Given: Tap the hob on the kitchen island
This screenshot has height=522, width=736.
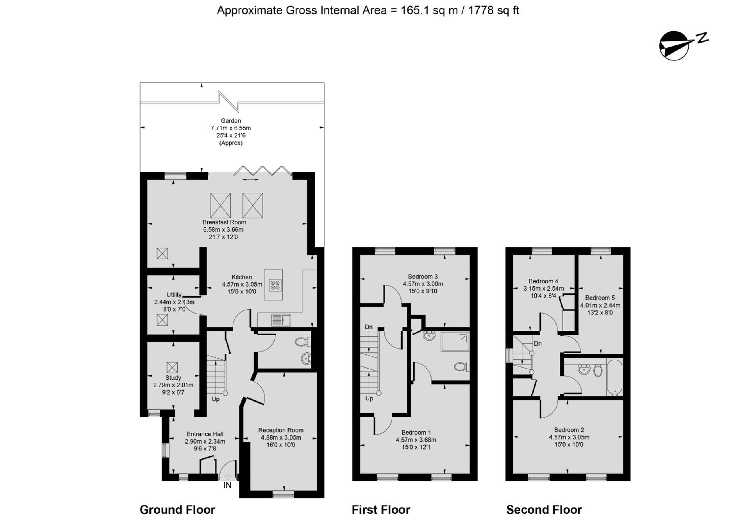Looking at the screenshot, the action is coord(276,285).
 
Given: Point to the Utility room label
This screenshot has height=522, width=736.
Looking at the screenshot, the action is coord(174,295).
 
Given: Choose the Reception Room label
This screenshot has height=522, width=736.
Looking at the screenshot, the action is coord(281,430).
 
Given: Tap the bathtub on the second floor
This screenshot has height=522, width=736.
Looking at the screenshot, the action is coord(614,377).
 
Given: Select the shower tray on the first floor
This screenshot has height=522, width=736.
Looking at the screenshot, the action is coord(455,342).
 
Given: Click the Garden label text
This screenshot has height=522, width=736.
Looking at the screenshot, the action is coord(231,121).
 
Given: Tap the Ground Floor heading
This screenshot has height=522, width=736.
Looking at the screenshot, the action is coord(177,510).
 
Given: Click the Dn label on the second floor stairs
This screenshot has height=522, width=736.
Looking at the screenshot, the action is coord(538,343).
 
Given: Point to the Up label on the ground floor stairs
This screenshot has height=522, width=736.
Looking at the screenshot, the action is coord(215,399).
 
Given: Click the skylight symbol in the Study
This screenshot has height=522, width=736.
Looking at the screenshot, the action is coord(172,367).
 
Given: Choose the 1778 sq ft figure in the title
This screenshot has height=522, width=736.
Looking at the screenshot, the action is coord(493,10).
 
